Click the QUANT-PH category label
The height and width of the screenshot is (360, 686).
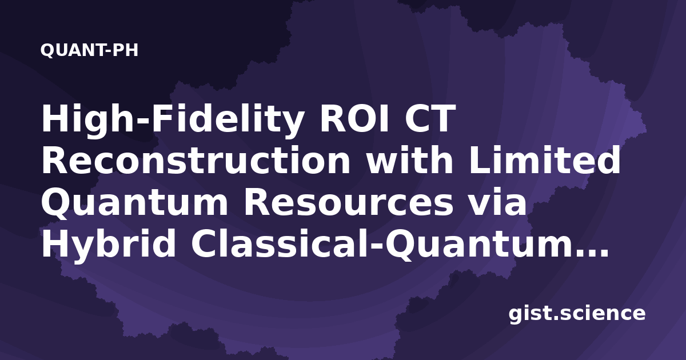89,50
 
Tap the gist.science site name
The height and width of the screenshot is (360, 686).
577,314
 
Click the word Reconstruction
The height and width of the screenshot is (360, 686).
196,161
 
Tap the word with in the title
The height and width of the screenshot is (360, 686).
410,159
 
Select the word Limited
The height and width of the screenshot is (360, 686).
545,159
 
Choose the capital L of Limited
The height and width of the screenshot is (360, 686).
480,160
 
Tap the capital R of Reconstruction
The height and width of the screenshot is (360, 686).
55,160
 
